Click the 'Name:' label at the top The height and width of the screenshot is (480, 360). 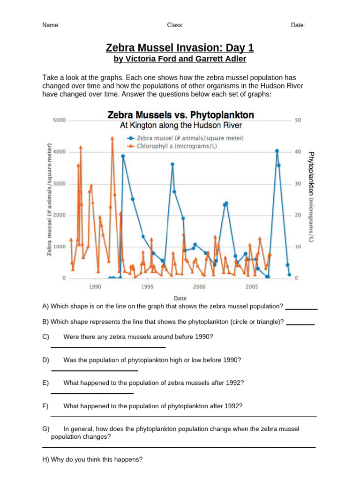click(x=51, y=25)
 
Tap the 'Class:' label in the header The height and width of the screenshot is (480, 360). click(x=175, y=25)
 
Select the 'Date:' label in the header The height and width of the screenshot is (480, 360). click(x=298, y=25)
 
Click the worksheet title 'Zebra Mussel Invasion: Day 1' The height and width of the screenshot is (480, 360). click(x=180, y=48)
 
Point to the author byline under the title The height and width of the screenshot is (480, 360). click(x=180, y=60)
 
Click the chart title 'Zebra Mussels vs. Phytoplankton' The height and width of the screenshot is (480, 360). click(x=181, y=115)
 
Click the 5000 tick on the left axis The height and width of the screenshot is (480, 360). click(x=59, y=120)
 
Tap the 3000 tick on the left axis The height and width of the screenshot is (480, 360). click(x=59, y=184)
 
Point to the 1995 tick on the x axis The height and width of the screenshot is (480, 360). click(x=147, y=286)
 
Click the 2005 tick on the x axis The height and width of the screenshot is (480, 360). click(x=252, y=286)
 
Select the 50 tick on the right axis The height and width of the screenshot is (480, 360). click(x=297, y=120)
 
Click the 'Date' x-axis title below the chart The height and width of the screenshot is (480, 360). click(x=180, y=298)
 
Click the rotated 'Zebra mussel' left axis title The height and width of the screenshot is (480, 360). click(x=49, y=199)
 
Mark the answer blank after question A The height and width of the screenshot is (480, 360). click(x=301, y=309)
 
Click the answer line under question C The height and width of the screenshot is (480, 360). click(x=108, y=347)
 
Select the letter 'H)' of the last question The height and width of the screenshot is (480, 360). click(x=45, y=460)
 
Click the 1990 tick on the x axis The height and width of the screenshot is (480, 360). click(x=95, y=286)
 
